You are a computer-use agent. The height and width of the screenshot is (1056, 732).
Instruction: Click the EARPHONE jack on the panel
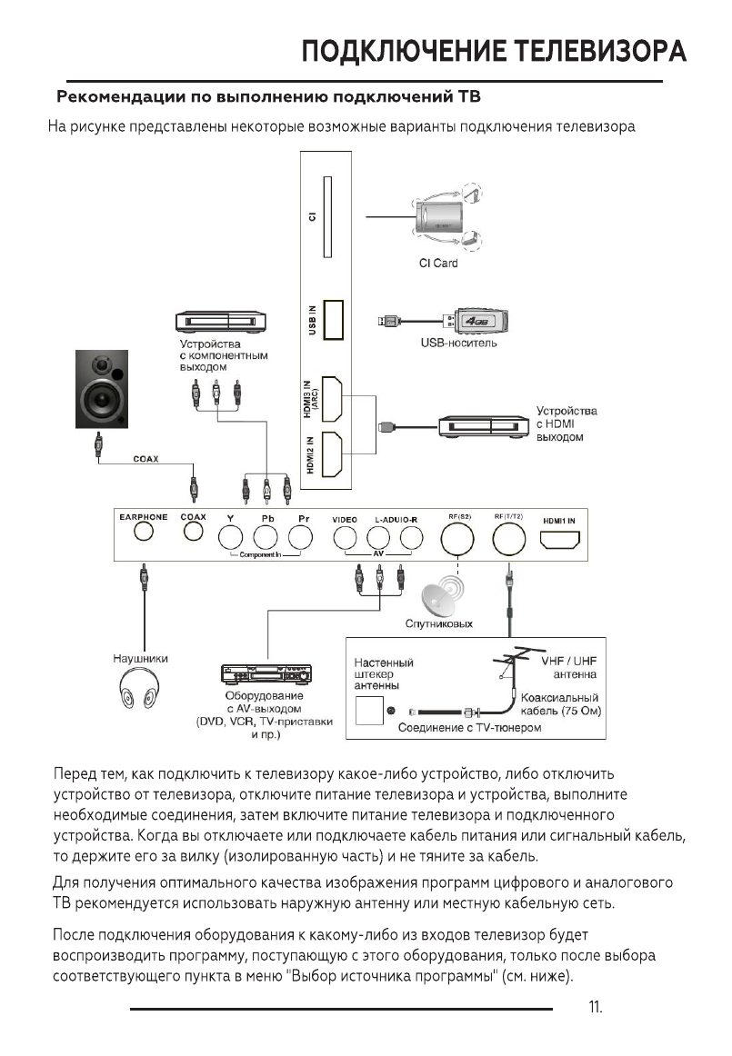[142, 534]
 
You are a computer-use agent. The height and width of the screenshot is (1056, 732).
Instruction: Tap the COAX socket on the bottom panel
[193, 534]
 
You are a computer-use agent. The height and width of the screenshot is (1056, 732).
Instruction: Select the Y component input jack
[231, 540]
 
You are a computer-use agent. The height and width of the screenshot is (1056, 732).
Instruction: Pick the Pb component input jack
[267, 540]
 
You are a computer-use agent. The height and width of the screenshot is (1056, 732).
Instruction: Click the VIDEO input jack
[345, 540]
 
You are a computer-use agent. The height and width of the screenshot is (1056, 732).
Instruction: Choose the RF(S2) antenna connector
[458, 543]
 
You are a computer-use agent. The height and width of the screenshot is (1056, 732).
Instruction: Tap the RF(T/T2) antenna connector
[509, 543]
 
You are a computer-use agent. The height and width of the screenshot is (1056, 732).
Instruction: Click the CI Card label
[438, 264]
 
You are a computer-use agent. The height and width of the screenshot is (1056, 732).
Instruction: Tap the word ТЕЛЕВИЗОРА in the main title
[599, 51]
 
